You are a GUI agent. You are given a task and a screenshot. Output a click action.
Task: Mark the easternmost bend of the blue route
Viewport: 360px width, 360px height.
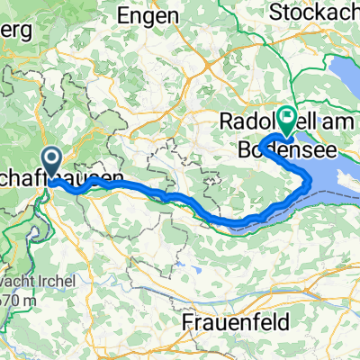[x=311, y=184]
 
